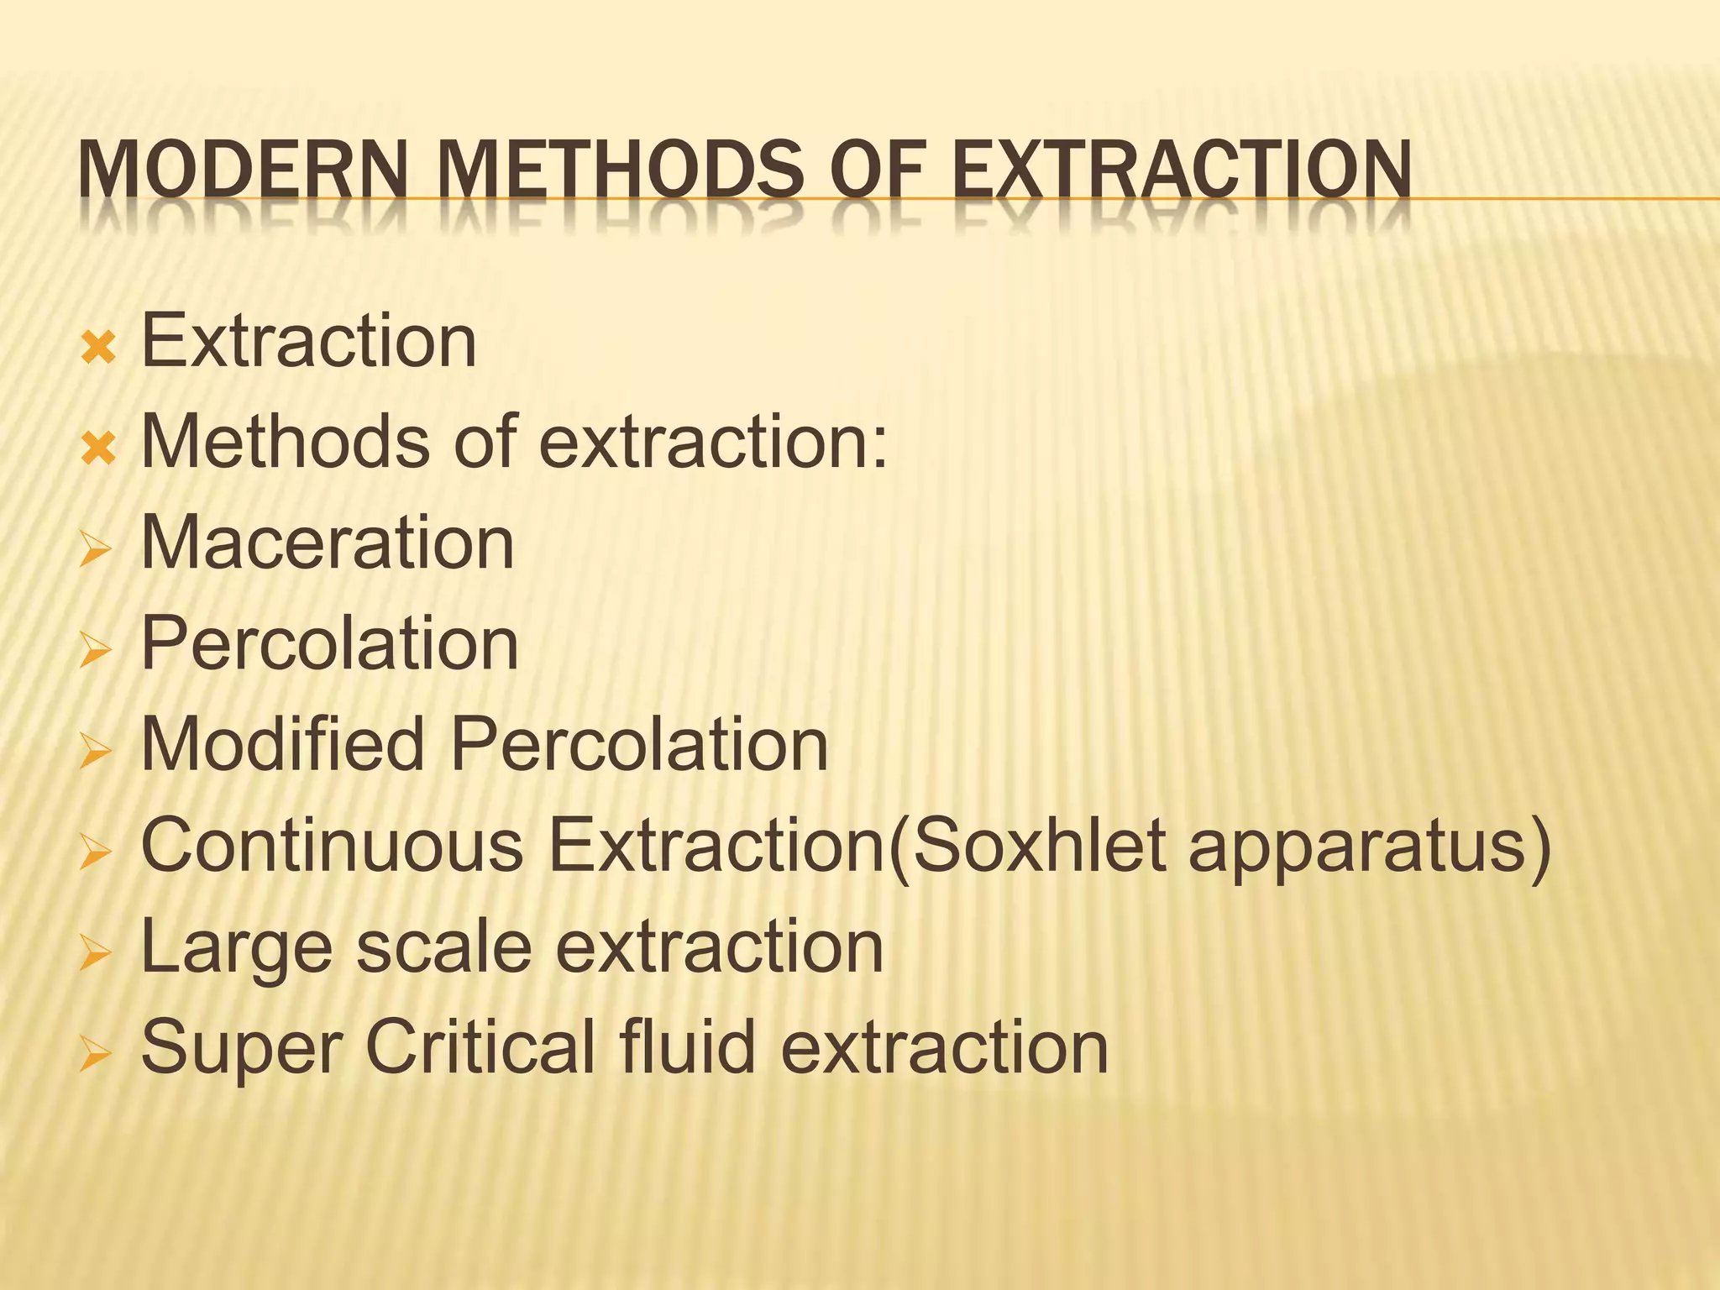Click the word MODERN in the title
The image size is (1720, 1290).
pos(242,170)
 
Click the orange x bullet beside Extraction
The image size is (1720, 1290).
pos(98,347)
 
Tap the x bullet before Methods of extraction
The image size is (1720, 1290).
pos(98,448)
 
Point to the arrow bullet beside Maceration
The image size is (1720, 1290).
pos(96,550)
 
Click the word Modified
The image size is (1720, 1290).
pos(282,744)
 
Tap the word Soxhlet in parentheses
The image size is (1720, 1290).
pos(1038,845)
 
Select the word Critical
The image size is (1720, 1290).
pos(479,1046)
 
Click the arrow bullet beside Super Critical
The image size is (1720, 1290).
pos(96,1054)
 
